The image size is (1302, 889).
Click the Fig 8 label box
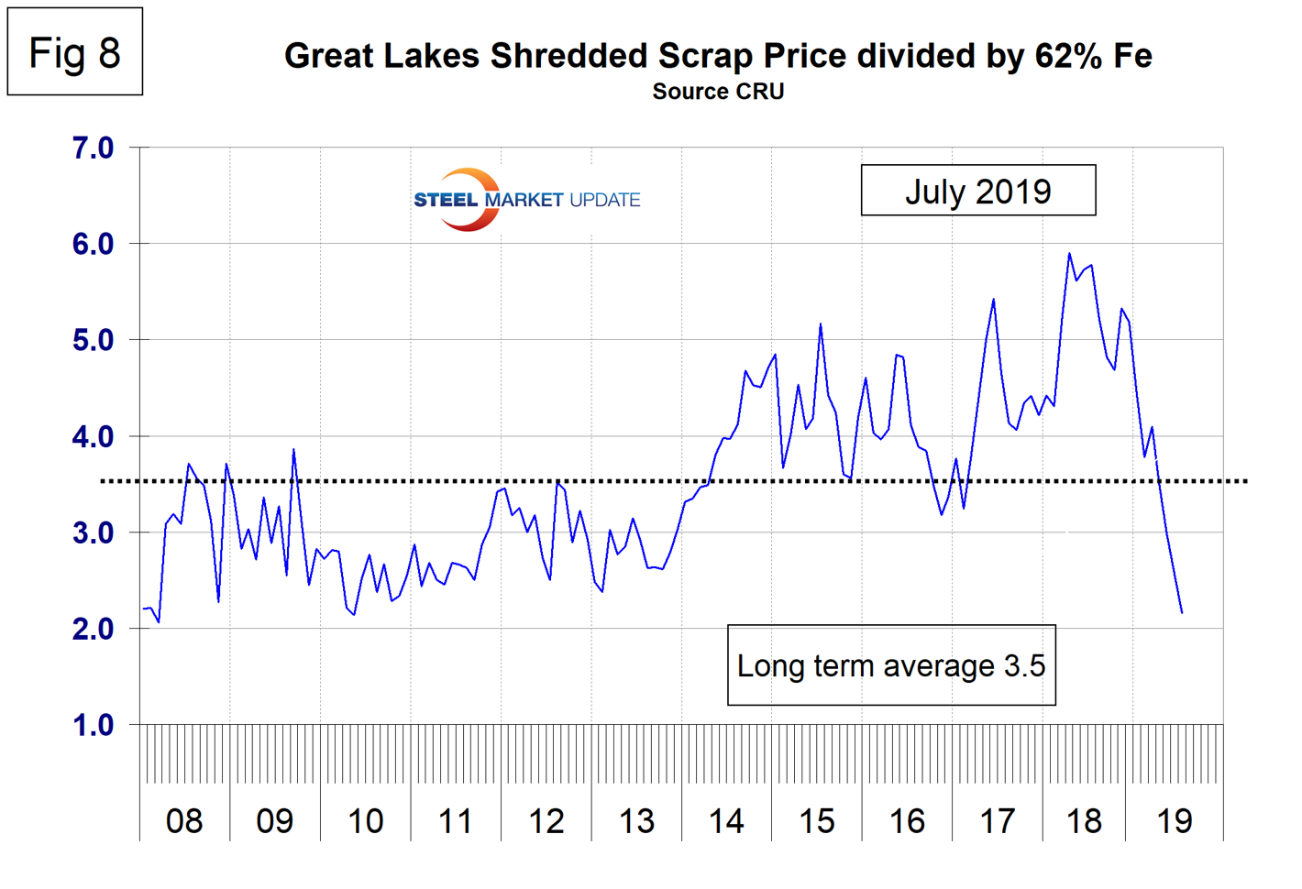[x=75, y=52]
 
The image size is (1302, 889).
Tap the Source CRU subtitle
[x=718, y=92]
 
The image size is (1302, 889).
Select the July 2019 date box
[x=977, y=191]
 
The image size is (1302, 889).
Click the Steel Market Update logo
[x=526, y=199]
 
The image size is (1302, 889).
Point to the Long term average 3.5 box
[x=891, y=665]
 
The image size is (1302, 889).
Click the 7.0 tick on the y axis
[x=93, y=148]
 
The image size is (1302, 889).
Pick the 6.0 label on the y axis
[x=93, y=244]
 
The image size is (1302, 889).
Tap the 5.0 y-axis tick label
[x=93, y=340]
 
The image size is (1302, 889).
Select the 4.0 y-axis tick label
[x=93, y=436]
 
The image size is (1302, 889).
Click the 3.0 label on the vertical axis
[x=93, y=532]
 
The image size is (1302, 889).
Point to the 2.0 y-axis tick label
[x=93, y=629]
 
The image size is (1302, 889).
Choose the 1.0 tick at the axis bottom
[x=93, y=725]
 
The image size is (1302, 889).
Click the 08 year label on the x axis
[x=184, y=821]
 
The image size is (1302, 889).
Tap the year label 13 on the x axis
[x=636, y=821]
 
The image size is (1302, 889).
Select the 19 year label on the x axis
[x=1175, y=821]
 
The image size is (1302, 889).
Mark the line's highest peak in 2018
[x=1069, y=254]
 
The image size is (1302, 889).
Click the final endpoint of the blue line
[x=1182, y=612]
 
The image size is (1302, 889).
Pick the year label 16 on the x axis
[x=907, y=821]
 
